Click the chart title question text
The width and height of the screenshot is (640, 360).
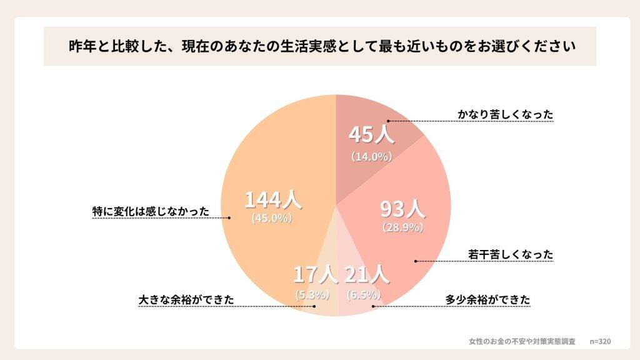pos(319,46)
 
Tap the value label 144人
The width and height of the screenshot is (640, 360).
pos(273,200)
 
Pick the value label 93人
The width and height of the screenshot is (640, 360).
pos(403,208)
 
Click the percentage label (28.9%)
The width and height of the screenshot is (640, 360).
pos(403,227)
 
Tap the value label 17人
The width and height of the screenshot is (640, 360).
pos(316,274)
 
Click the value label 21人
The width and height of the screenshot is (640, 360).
pos(367,274)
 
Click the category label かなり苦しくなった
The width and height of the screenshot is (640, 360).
pos(506,115)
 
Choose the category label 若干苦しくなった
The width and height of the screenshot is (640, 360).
pos(511,254)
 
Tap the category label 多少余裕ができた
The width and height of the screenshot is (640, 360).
pos(487,300)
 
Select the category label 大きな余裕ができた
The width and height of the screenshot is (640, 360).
pos(186,300)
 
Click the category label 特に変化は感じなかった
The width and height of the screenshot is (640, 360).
pos(150,211)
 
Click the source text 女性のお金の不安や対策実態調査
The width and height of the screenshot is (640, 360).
pos(522,341)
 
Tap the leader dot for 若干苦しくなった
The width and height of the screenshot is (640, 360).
pos(415,261)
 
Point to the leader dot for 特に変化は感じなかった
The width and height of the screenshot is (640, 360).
pos(229,218)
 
